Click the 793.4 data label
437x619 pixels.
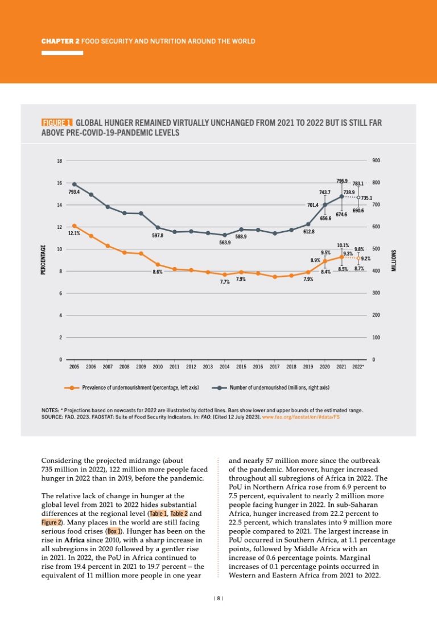click(74, 192)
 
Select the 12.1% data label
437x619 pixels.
click(74, 233)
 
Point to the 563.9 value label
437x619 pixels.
click(225, 243)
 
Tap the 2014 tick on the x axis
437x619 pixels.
click(224, 367)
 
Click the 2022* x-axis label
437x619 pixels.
click(358, 367)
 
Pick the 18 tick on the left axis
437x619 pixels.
click(60, 161)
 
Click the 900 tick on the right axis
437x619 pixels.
click(376, 161)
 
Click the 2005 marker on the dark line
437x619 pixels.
click(74, 185)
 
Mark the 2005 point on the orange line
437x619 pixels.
click(74, 226)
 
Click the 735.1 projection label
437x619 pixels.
click(366, 198)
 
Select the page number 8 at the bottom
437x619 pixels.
click(218, 597)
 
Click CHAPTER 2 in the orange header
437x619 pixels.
click(61, 41)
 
